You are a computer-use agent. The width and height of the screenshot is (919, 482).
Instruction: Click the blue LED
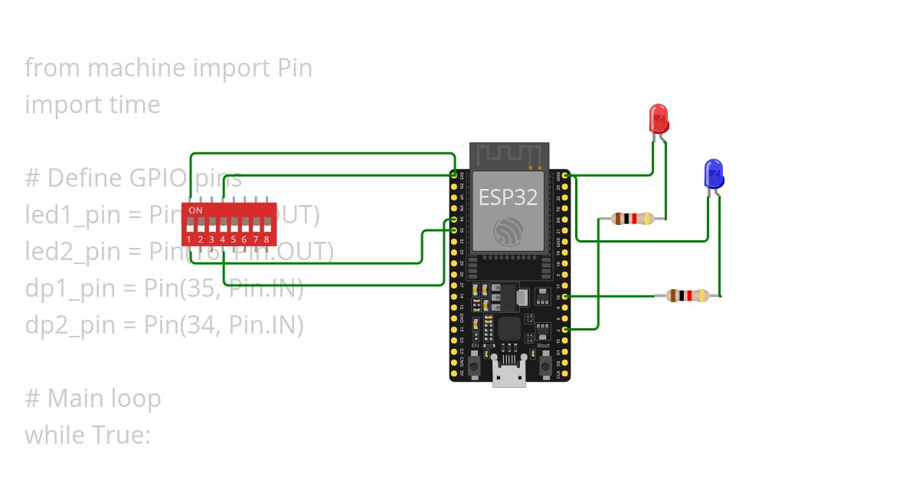[714, 174]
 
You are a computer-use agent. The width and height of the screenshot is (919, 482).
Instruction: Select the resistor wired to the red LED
[633, 219]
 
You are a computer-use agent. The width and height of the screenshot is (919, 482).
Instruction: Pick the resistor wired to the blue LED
[688, 295]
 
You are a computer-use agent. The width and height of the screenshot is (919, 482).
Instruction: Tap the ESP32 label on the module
[508, 197]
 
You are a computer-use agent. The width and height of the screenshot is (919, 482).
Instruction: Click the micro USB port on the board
[508, 379]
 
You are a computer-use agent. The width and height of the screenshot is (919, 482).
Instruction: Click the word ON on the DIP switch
[196, 210]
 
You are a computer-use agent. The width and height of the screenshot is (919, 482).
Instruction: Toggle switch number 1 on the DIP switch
[189, 226]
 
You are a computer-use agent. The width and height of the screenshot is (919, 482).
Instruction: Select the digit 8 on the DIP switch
[267, 239]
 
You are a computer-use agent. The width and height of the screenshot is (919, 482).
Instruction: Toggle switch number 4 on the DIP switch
[222, 226]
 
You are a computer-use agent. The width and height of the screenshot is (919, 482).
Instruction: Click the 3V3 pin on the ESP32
[454, 176]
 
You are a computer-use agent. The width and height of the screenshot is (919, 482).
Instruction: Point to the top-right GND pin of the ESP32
[565, 176]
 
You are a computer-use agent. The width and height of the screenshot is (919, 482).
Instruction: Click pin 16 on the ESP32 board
[565, 295]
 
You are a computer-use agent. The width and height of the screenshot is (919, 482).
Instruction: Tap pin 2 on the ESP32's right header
[565, 329]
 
